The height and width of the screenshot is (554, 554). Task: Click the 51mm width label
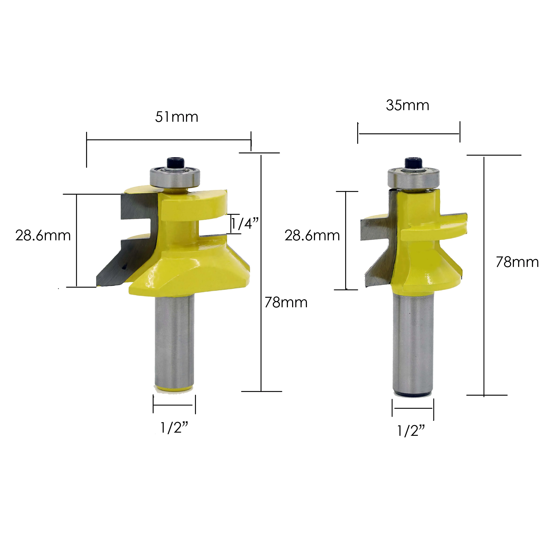[x=177, y=117]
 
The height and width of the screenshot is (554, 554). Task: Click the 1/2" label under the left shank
[x=174, y=428]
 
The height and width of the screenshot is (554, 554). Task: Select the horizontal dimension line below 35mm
[x=409, y=134]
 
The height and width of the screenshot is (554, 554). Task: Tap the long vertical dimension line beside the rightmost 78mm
[x=484, y=275]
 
